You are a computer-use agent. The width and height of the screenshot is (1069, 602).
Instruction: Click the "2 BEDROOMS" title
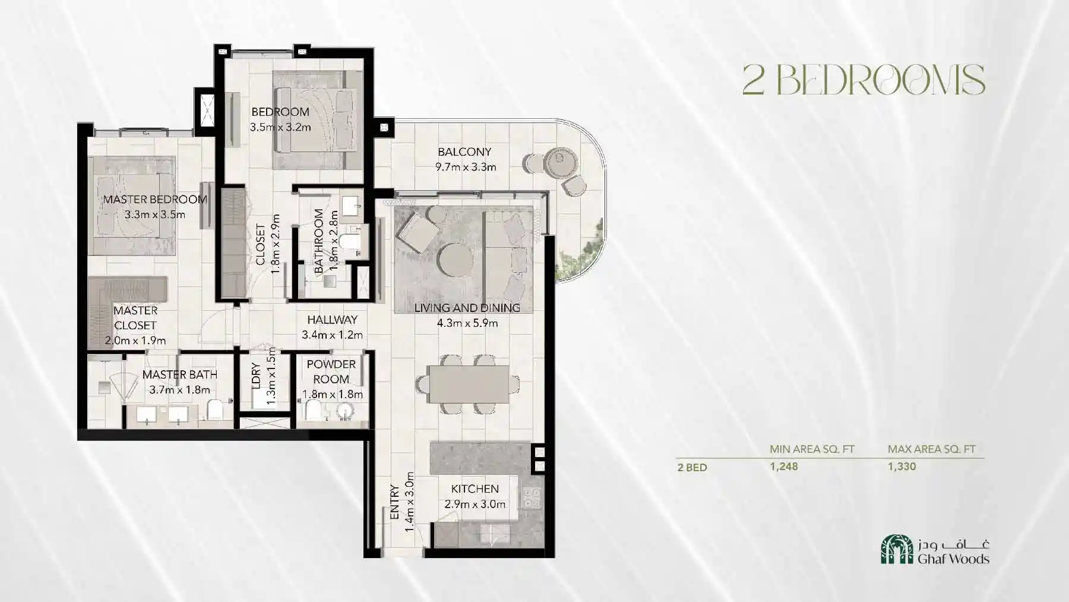coord(864,80)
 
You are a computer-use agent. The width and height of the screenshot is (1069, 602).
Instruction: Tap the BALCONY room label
coord(464,152)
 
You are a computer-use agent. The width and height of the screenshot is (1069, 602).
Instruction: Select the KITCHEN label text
coord(475,489)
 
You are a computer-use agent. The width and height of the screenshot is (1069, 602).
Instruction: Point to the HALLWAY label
coord(332,320)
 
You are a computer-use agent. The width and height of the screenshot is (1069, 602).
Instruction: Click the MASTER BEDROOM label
coord(155,200)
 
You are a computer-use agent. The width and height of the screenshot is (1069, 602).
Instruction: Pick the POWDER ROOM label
coord(331,371)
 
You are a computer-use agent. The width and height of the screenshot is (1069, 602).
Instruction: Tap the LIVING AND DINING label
coord(467,308)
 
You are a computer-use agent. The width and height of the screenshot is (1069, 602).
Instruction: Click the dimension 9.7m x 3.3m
coord(466,167)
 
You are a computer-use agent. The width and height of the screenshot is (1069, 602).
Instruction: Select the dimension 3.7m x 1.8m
coord(179,390)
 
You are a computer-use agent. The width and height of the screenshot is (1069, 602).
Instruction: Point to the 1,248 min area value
coord(784,467)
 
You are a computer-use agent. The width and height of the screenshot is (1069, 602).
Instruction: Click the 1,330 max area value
coord(902,467)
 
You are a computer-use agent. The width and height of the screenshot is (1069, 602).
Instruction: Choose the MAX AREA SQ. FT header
coord(931,449)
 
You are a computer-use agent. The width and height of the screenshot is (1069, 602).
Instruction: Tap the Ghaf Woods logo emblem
coord(897,549)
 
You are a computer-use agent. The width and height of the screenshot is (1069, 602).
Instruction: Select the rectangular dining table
coord(468,384)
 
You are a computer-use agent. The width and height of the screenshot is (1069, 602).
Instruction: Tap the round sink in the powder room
coord(344,411)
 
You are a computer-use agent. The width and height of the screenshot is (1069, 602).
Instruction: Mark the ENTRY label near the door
coord(395,503)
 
